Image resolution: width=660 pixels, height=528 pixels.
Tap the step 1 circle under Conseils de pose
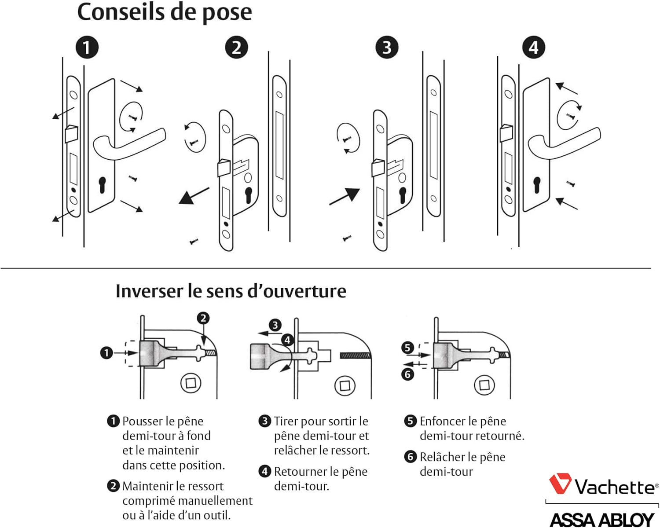click(87, 48)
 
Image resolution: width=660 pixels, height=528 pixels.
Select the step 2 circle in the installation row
click(236, 48)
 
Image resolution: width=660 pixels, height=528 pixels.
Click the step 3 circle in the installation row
click(387, 48)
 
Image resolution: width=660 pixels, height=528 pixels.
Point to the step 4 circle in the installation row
click(533, 48)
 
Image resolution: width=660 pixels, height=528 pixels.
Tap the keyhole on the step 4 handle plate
click(537, 184)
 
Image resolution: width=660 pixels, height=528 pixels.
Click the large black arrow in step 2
click(193, 196)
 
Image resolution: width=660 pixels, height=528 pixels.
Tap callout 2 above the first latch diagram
click(203, 318)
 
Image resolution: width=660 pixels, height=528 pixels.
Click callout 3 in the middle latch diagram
click(275, 325)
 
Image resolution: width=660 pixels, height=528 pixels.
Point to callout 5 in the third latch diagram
click(407, 348)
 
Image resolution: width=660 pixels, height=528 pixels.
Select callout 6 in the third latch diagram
click(407, 374)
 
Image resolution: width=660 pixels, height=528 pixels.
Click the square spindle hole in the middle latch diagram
click(345, 386)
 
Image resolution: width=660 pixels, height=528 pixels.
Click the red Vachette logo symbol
click(560, 484)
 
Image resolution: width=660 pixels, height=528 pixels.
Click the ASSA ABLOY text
click(601, 520)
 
